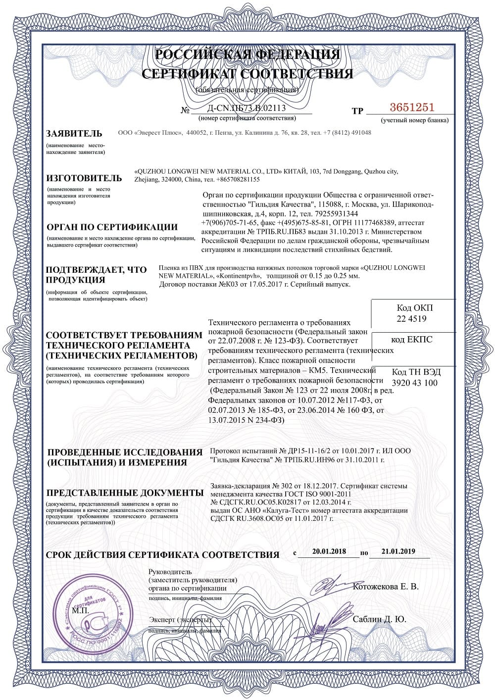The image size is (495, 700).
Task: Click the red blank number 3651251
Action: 412,107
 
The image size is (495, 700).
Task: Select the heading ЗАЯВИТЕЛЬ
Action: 74,134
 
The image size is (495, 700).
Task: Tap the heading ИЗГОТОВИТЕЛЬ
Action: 84,178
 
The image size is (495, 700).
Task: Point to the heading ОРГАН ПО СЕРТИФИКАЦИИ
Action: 112,227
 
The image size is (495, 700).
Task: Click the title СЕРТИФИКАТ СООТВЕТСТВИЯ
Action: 247,74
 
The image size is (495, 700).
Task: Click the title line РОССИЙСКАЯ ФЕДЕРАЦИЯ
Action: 247,54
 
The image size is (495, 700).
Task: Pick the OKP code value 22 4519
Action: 411,319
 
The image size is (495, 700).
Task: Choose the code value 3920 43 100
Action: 415,383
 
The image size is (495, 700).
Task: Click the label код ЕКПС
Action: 411,339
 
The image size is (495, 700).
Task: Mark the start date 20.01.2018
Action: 329,551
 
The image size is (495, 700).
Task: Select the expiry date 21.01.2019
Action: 398,551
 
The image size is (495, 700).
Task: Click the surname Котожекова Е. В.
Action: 386,587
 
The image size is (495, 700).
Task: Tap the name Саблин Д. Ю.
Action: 380,619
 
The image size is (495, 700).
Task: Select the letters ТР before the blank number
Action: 357,111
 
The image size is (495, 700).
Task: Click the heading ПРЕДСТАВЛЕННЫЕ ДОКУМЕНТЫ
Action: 125,493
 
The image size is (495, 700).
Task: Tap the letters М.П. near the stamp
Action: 80,611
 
